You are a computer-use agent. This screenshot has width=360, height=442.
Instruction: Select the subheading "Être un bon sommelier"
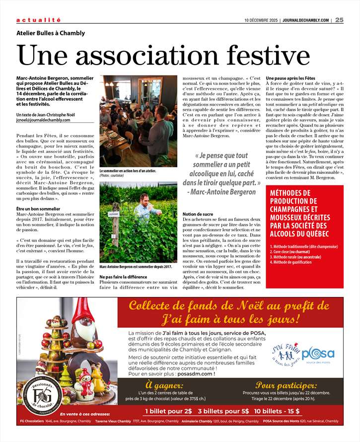pyautogui.click(x=40, y=209)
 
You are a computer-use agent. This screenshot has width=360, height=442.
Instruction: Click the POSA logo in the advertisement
pyautogui.click(x=318, y=355)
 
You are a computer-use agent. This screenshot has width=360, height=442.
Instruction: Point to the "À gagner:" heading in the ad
pyautogui.click(x=164, y=385)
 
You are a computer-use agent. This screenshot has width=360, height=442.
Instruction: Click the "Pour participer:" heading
pyautogui.click(x=286, y=385)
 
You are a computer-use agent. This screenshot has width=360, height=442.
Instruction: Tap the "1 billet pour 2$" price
pyautogui.click(x=168, y=411)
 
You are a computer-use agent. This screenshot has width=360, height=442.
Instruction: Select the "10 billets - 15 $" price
pyautogui.click(x=277, y=411)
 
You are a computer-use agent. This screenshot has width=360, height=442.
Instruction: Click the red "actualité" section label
pyautogui.click(x=39, y=20)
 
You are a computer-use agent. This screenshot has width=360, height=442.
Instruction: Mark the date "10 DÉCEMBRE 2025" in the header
pyautogui.click(x=261, y=20)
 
